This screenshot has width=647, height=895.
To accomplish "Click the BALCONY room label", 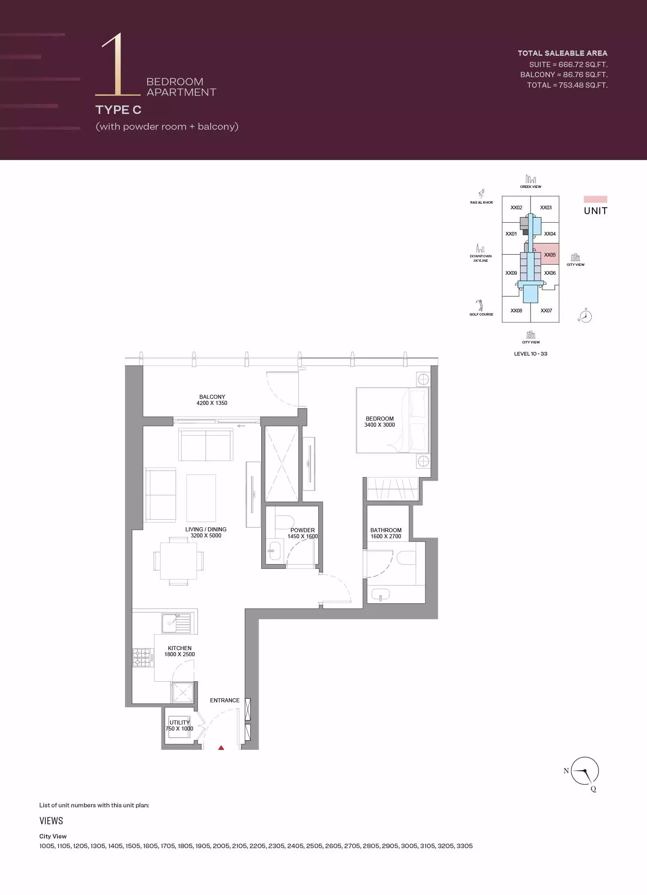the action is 212,397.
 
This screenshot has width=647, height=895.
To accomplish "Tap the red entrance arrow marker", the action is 221,748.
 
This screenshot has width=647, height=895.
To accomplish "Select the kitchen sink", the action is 176,623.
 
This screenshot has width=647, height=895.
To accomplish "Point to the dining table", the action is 178,561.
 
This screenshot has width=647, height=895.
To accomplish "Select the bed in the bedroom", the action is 392,420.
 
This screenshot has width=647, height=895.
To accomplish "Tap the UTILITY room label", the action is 180,722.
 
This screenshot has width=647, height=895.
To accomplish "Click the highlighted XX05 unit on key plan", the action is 546,254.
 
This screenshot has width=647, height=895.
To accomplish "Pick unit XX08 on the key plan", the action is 516,310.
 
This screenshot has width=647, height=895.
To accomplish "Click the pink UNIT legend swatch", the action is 595,199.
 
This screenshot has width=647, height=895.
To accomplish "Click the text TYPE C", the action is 118,110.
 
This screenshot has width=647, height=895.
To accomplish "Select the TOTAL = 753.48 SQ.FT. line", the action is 567,85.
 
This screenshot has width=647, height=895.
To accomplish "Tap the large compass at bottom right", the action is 584,771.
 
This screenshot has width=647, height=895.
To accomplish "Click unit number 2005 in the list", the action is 221,846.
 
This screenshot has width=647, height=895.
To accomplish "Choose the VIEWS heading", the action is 51,821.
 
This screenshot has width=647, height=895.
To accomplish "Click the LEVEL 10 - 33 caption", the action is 531,354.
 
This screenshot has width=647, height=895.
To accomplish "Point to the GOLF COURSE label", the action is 481,314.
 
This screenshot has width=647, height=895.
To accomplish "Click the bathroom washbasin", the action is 381,594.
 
